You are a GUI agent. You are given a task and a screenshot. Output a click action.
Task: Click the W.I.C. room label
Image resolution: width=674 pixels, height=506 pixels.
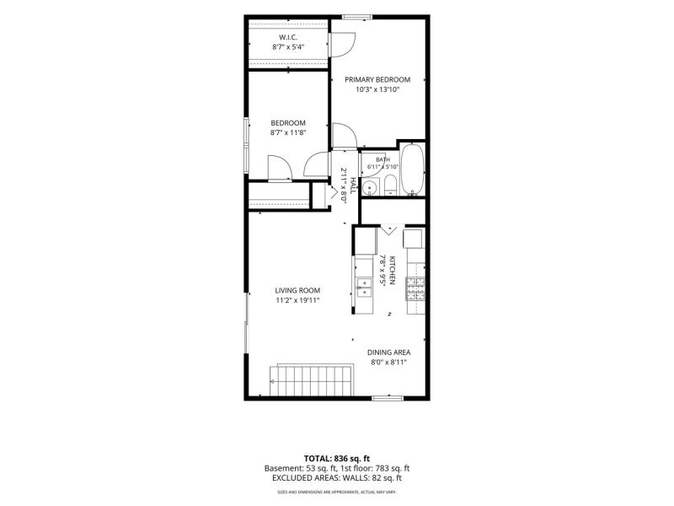point(288,37)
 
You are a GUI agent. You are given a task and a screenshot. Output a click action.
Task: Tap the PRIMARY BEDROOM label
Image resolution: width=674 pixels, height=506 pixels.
point(377,79)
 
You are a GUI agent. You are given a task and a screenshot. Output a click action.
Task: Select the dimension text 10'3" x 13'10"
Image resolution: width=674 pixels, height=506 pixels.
point(377,90)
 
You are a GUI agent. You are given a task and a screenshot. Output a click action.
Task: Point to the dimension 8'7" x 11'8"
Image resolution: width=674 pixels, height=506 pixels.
point(288,133)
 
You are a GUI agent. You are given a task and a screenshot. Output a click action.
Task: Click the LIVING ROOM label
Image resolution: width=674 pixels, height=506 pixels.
point(297,290)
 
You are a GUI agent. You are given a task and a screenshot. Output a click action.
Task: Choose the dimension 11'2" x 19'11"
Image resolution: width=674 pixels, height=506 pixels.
point(297,301)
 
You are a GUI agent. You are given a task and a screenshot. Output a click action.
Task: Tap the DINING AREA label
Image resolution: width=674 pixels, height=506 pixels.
point(388,353)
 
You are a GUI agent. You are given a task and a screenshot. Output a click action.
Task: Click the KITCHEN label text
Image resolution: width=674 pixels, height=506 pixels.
point(392,271)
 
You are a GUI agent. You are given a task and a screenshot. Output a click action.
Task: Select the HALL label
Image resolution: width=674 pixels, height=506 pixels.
point(353,186)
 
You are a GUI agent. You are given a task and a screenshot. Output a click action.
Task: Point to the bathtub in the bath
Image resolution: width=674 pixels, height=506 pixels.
point(412,170)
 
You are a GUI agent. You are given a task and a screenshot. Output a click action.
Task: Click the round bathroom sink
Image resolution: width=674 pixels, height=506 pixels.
point(369,187)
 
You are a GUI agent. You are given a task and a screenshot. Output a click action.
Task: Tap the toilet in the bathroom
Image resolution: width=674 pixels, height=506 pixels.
point(390,186)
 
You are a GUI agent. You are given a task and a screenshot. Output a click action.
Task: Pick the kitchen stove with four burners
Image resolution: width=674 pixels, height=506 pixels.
point(415,288)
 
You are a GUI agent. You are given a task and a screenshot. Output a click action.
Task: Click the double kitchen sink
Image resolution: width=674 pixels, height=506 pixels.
point(365,288)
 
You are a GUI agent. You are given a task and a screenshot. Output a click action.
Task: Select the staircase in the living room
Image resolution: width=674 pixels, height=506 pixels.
point(311,380)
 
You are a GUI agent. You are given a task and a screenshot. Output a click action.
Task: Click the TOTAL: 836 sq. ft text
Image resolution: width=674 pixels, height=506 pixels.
point(336,459)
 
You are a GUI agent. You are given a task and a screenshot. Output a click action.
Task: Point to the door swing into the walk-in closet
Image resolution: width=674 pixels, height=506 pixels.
point(343,45)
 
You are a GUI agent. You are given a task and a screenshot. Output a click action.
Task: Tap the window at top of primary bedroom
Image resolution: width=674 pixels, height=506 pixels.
point(357,17)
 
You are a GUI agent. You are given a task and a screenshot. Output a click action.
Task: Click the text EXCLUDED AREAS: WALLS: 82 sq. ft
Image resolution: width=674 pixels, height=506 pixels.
point(336,478)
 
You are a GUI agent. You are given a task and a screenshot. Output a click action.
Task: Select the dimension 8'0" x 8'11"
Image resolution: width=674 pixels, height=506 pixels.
point(388,363)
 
